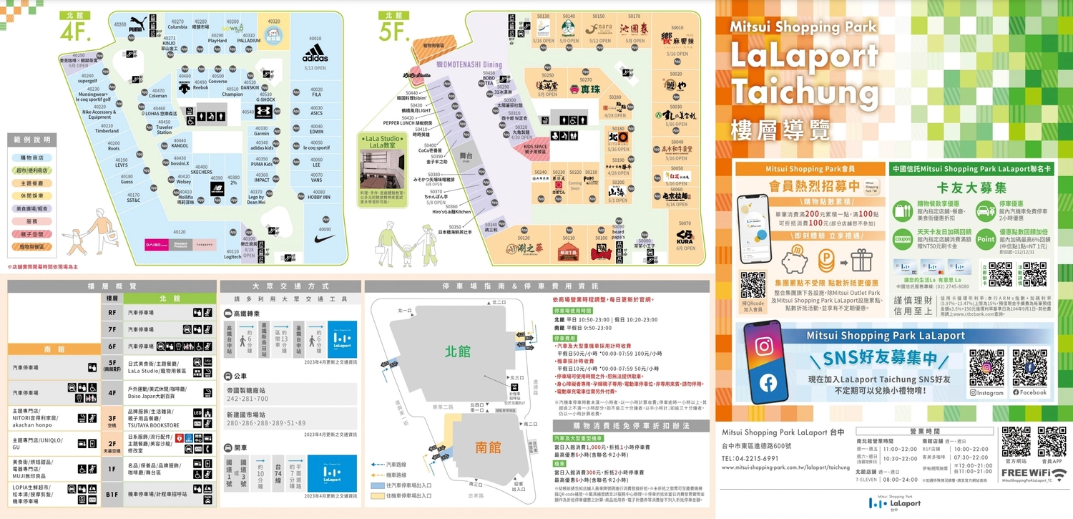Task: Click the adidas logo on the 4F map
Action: pyautogui.click(x=315, y=54)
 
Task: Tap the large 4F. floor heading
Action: pyautogui.click(x=74, y=31)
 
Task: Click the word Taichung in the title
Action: pyautogui.click(x=804, y=93)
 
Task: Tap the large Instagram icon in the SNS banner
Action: pyautogui.click(x=764, y=346)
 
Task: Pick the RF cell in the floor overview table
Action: pyautogui.click(x=112, y=312)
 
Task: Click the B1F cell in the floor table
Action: pyautogui.click(x=112, y=494)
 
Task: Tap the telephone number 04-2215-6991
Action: pyautogui.click(x=750, y=458)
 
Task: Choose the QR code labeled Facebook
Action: pyautogui.click(x=1029, y=367)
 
